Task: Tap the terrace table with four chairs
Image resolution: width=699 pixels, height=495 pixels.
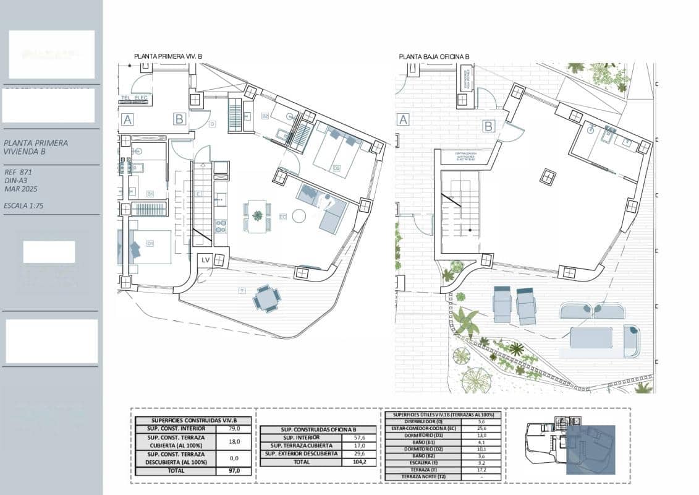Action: (x=266, y=299)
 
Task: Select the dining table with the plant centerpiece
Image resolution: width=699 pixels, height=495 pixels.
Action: (x=257, y=215)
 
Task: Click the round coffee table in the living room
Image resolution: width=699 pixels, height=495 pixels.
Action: (x=300, y=216)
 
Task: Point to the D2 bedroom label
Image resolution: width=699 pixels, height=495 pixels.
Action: (x=337, y=167)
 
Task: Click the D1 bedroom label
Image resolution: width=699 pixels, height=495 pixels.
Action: (x=150, y=243)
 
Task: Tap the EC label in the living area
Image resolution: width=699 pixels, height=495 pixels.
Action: (x=282, y=217)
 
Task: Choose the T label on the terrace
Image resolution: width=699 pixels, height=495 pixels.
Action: (x=241, y=290)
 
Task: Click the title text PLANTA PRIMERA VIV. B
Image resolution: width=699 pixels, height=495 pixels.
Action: (x=168, y=56)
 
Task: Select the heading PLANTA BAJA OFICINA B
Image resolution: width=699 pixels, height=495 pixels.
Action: (x=434, y=56)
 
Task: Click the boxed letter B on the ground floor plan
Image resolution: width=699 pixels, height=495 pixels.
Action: (x=488, y=126)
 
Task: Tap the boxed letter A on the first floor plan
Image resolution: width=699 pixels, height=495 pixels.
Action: (x=127, y=119)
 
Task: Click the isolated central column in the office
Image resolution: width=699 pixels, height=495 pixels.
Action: (x=547, y=177)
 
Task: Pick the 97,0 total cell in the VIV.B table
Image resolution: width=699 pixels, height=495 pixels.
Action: (x=234, y=471)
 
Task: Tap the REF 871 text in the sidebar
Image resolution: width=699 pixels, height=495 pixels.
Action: (x=18, y=172)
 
